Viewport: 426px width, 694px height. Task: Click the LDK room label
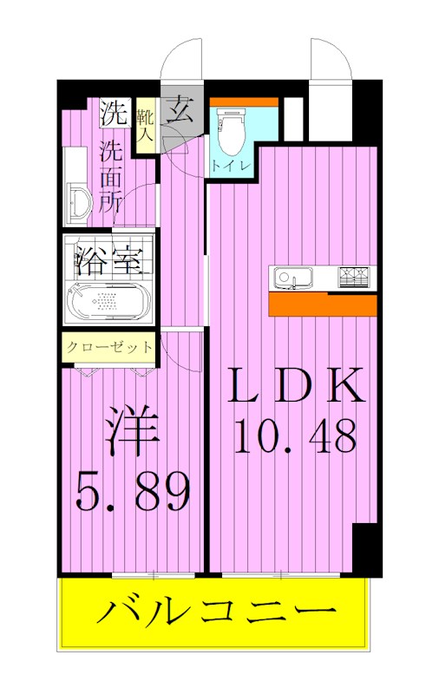pos(294,386)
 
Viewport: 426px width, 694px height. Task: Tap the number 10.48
pos(294,437)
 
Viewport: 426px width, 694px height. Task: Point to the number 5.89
pos(132,493)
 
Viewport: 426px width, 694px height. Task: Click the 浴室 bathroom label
pos(108,259)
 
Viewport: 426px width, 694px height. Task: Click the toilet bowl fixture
pos(230,133)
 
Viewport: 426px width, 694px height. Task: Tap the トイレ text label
pos(228,165)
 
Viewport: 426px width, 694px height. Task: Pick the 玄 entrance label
pos(180,110)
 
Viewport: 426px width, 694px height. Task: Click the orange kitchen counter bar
pos(322,304)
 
